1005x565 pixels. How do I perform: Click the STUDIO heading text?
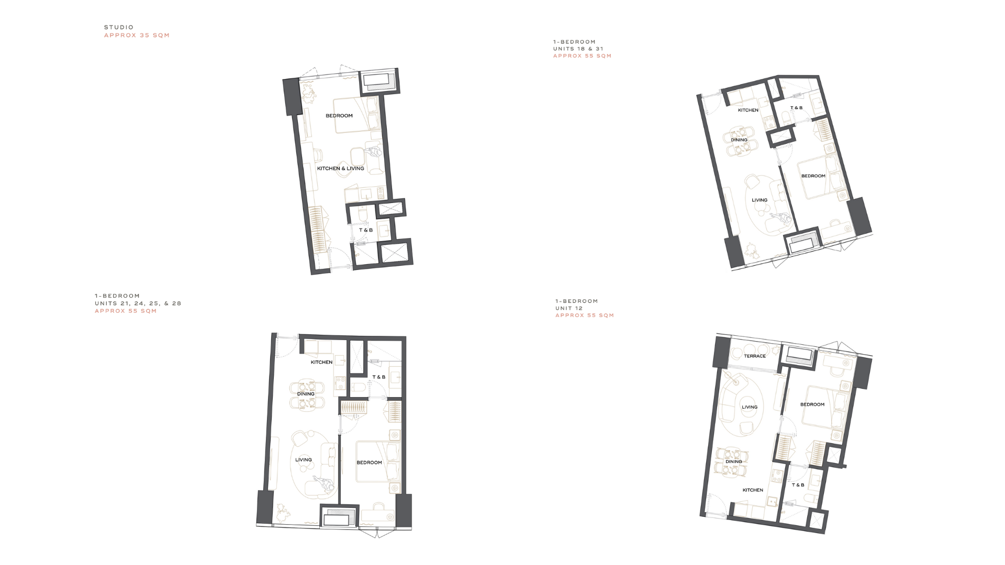pos(119,27)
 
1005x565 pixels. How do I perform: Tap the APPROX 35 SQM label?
pos(137,36)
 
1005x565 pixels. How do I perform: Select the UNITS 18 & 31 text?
pos(578,49)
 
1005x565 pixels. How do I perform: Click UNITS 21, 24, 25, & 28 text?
pos(138,303)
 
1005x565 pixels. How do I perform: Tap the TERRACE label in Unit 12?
pos(755,356)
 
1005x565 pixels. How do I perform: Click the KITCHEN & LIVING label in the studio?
pos(341,168)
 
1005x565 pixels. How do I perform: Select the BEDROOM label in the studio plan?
pos(339,116)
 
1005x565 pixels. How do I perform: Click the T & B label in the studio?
pos(366,230)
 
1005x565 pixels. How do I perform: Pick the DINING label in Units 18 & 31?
pos(739,140)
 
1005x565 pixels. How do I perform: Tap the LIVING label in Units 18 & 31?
pos(760,200)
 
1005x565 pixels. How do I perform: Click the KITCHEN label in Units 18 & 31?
pos(748,110)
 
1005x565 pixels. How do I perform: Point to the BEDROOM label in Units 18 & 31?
pos(813,176)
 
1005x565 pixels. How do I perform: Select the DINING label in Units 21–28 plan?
pos(306,394)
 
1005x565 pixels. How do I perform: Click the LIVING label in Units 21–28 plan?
pos(304,460)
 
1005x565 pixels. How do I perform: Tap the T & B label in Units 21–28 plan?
pos(379,377)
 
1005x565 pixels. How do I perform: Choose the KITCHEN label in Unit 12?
pos(753,490)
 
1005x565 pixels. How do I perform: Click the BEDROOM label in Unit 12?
pos(812,404)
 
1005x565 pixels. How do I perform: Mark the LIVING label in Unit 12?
pos(750,407)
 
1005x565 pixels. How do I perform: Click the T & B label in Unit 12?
pos(798,485)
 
